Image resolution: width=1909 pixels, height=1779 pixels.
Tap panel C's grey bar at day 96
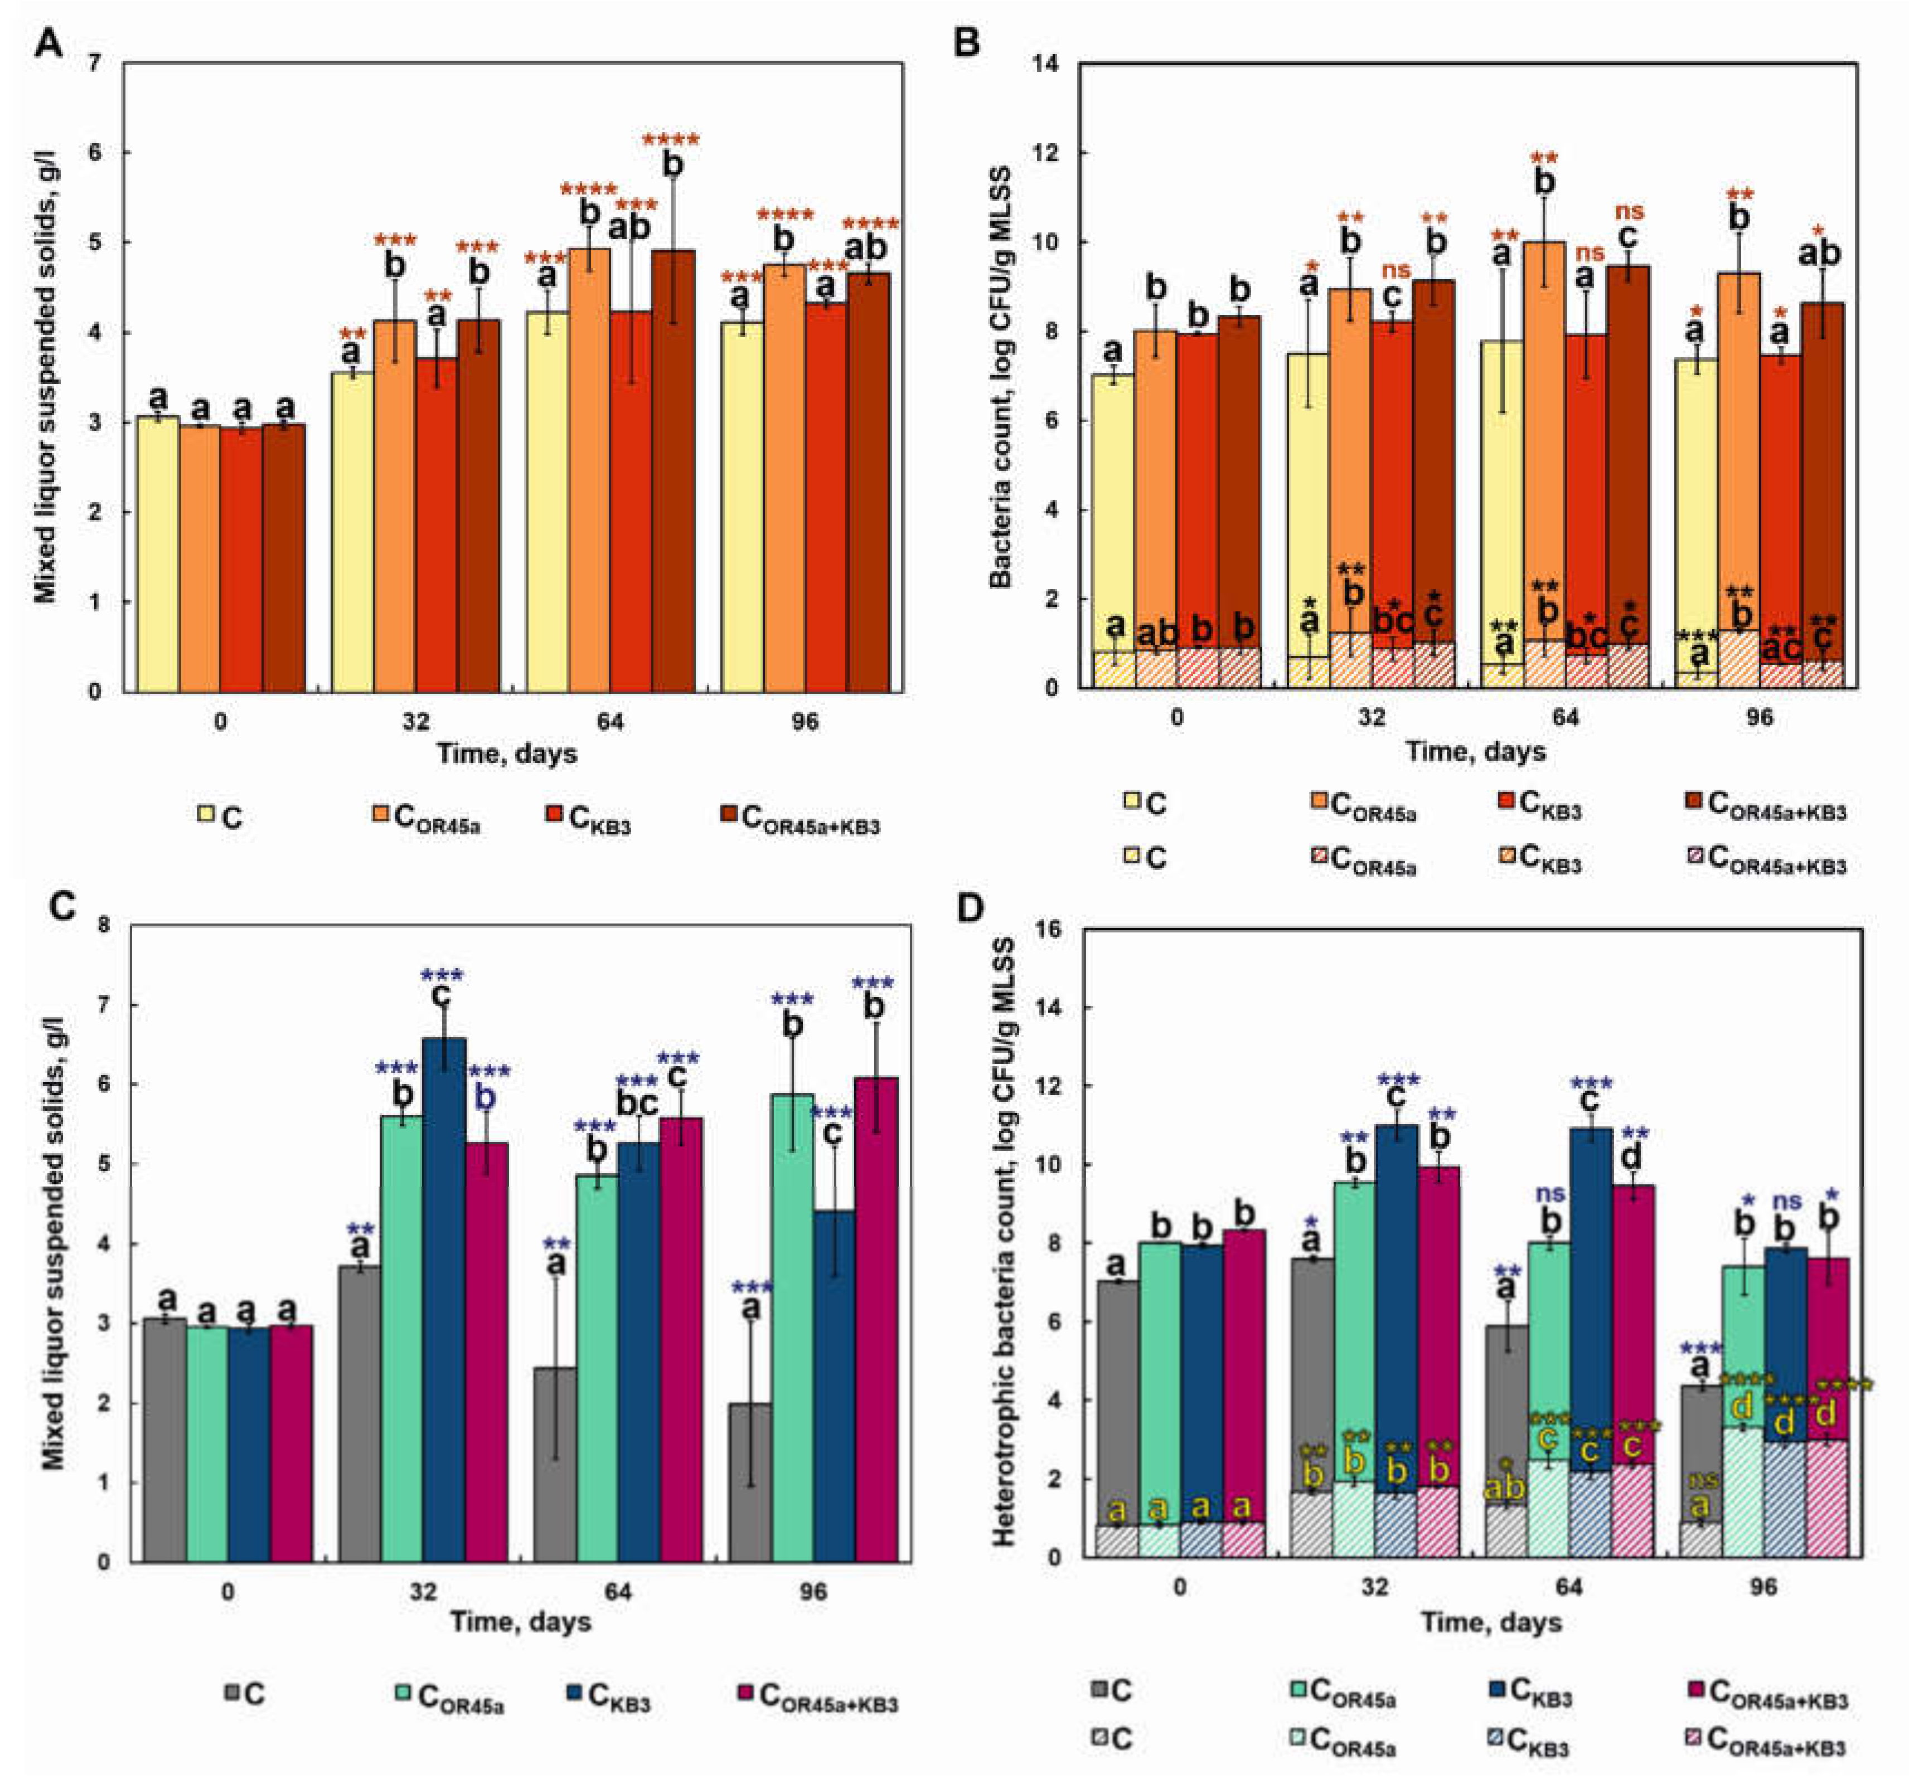[750, 1482]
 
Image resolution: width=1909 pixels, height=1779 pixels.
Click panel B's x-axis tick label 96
[1759, 718]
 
